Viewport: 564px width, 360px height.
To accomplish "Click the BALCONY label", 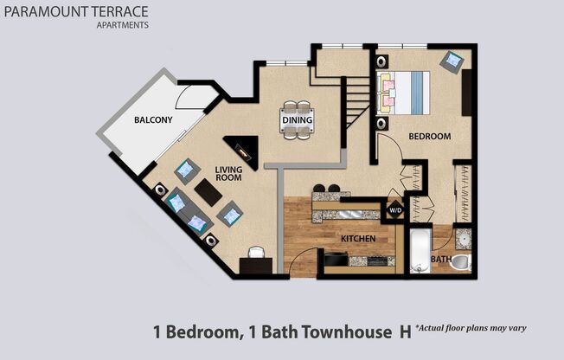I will click(153, 120).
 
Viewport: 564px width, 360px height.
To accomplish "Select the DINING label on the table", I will click(297, 120).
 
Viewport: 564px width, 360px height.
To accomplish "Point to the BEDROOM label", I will click(429, 137).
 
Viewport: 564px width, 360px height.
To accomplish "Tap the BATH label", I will click(441, 259).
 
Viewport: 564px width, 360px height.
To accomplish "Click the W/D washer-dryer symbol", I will click(394, 210).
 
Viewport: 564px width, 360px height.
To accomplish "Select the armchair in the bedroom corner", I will click(451, 61).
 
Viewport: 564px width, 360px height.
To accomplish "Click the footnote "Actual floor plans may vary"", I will click(471, 328).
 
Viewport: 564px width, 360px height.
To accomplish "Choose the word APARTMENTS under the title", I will click(122, 25).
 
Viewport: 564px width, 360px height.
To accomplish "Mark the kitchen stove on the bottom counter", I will click(334, 258).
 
